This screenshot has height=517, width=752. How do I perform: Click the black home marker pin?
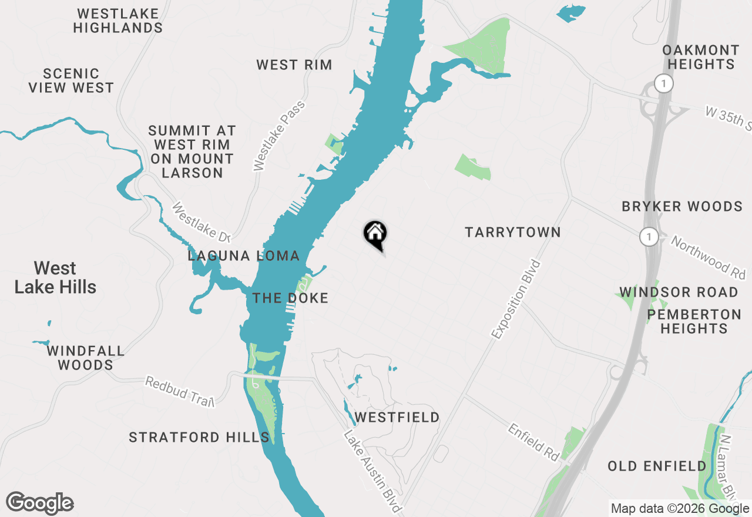(x=375, y=234)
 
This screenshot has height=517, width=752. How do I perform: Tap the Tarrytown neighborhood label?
(x=512, y=232)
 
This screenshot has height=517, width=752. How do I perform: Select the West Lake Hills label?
(x=55, y=277)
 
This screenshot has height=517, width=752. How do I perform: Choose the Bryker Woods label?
(x=682, y=207)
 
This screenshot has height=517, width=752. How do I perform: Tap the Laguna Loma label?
(x=244, y=256)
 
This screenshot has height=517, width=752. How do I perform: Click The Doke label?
(x=290, y=298)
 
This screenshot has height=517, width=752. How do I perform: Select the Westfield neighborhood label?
(x=398, y=418)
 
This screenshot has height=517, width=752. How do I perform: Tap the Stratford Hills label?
(x=199, y=437)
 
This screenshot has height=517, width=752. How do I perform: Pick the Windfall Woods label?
(x=86, y=358)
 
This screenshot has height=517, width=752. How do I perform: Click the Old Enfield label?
(x=657, y=466)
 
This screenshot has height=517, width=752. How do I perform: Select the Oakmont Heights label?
(x=701, y=57)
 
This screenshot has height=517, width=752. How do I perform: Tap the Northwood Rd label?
(x=708, y=257)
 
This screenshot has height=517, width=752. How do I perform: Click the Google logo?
(x=40, y=503)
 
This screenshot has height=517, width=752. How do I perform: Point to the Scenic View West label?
(x=71, y=80)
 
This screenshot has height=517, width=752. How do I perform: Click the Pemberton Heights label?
(x=694, y=321)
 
